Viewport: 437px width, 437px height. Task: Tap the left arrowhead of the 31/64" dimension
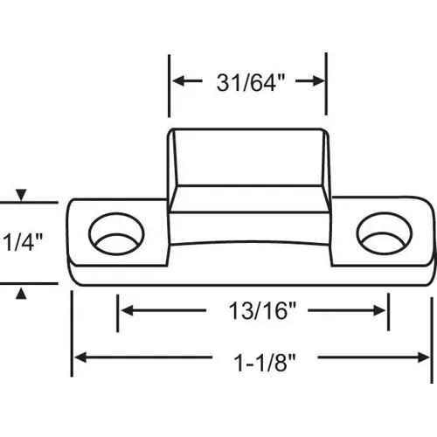coord(176,82)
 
